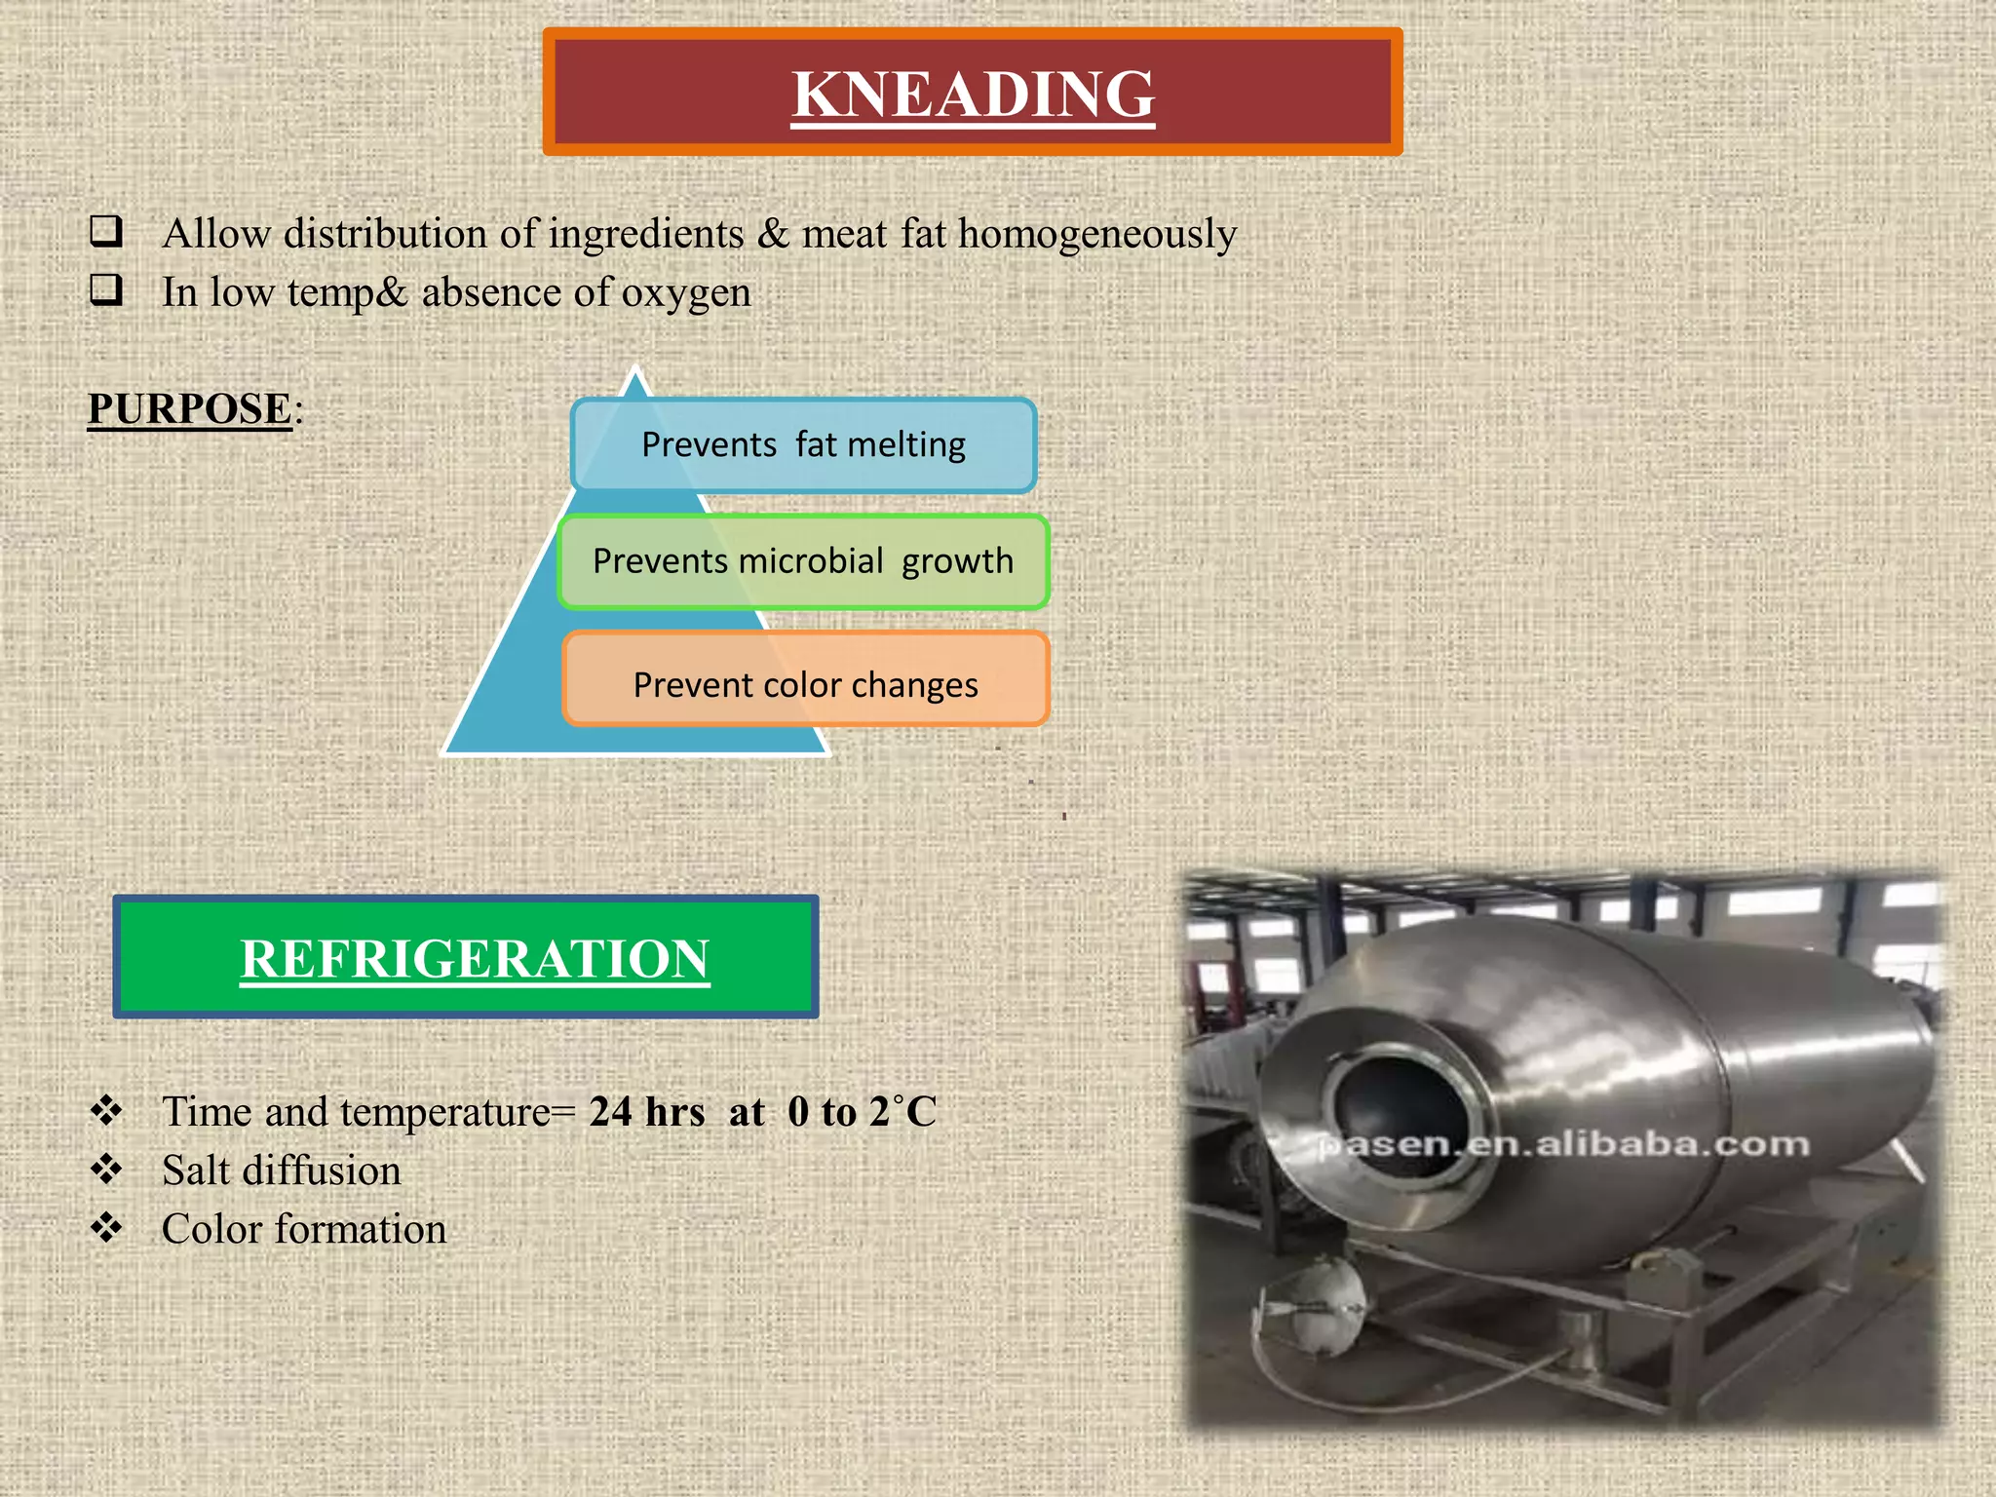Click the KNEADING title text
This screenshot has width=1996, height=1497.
point(973,94)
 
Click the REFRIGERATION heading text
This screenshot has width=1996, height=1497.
point(475,958)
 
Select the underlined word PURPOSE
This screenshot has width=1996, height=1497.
point(190,408)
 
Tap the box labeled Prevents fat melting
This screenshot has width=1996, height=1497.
point(803,444)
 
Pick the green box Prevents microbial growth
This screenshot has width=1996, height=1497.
point(803,561)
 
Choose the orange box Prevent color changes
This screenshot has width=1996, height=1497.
point(805,684)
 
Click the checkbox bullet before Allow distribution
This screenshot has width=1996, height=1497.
point(106,232)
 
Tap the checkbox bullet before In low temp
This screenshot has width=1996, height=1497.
point(106,290)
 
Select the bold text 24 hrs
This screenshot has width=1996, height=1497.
point(646,1112)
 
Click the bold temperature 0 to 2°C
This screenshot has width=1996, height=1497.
point(862,1112)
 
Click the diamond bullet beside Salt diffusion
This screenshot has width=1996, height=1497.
point(106,1169)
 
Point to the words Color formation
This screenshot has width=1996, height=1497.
point(304,1229)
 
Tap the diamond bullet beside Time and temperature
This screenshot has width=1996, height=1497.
point(106,1110)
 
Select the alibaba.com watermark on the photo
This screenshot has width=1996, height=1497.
point(1564,1144)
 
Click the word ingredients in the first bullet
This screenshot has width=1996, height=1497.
point(646,234)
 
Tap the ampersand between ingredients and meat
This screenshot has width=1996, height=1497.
point(772,234)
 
